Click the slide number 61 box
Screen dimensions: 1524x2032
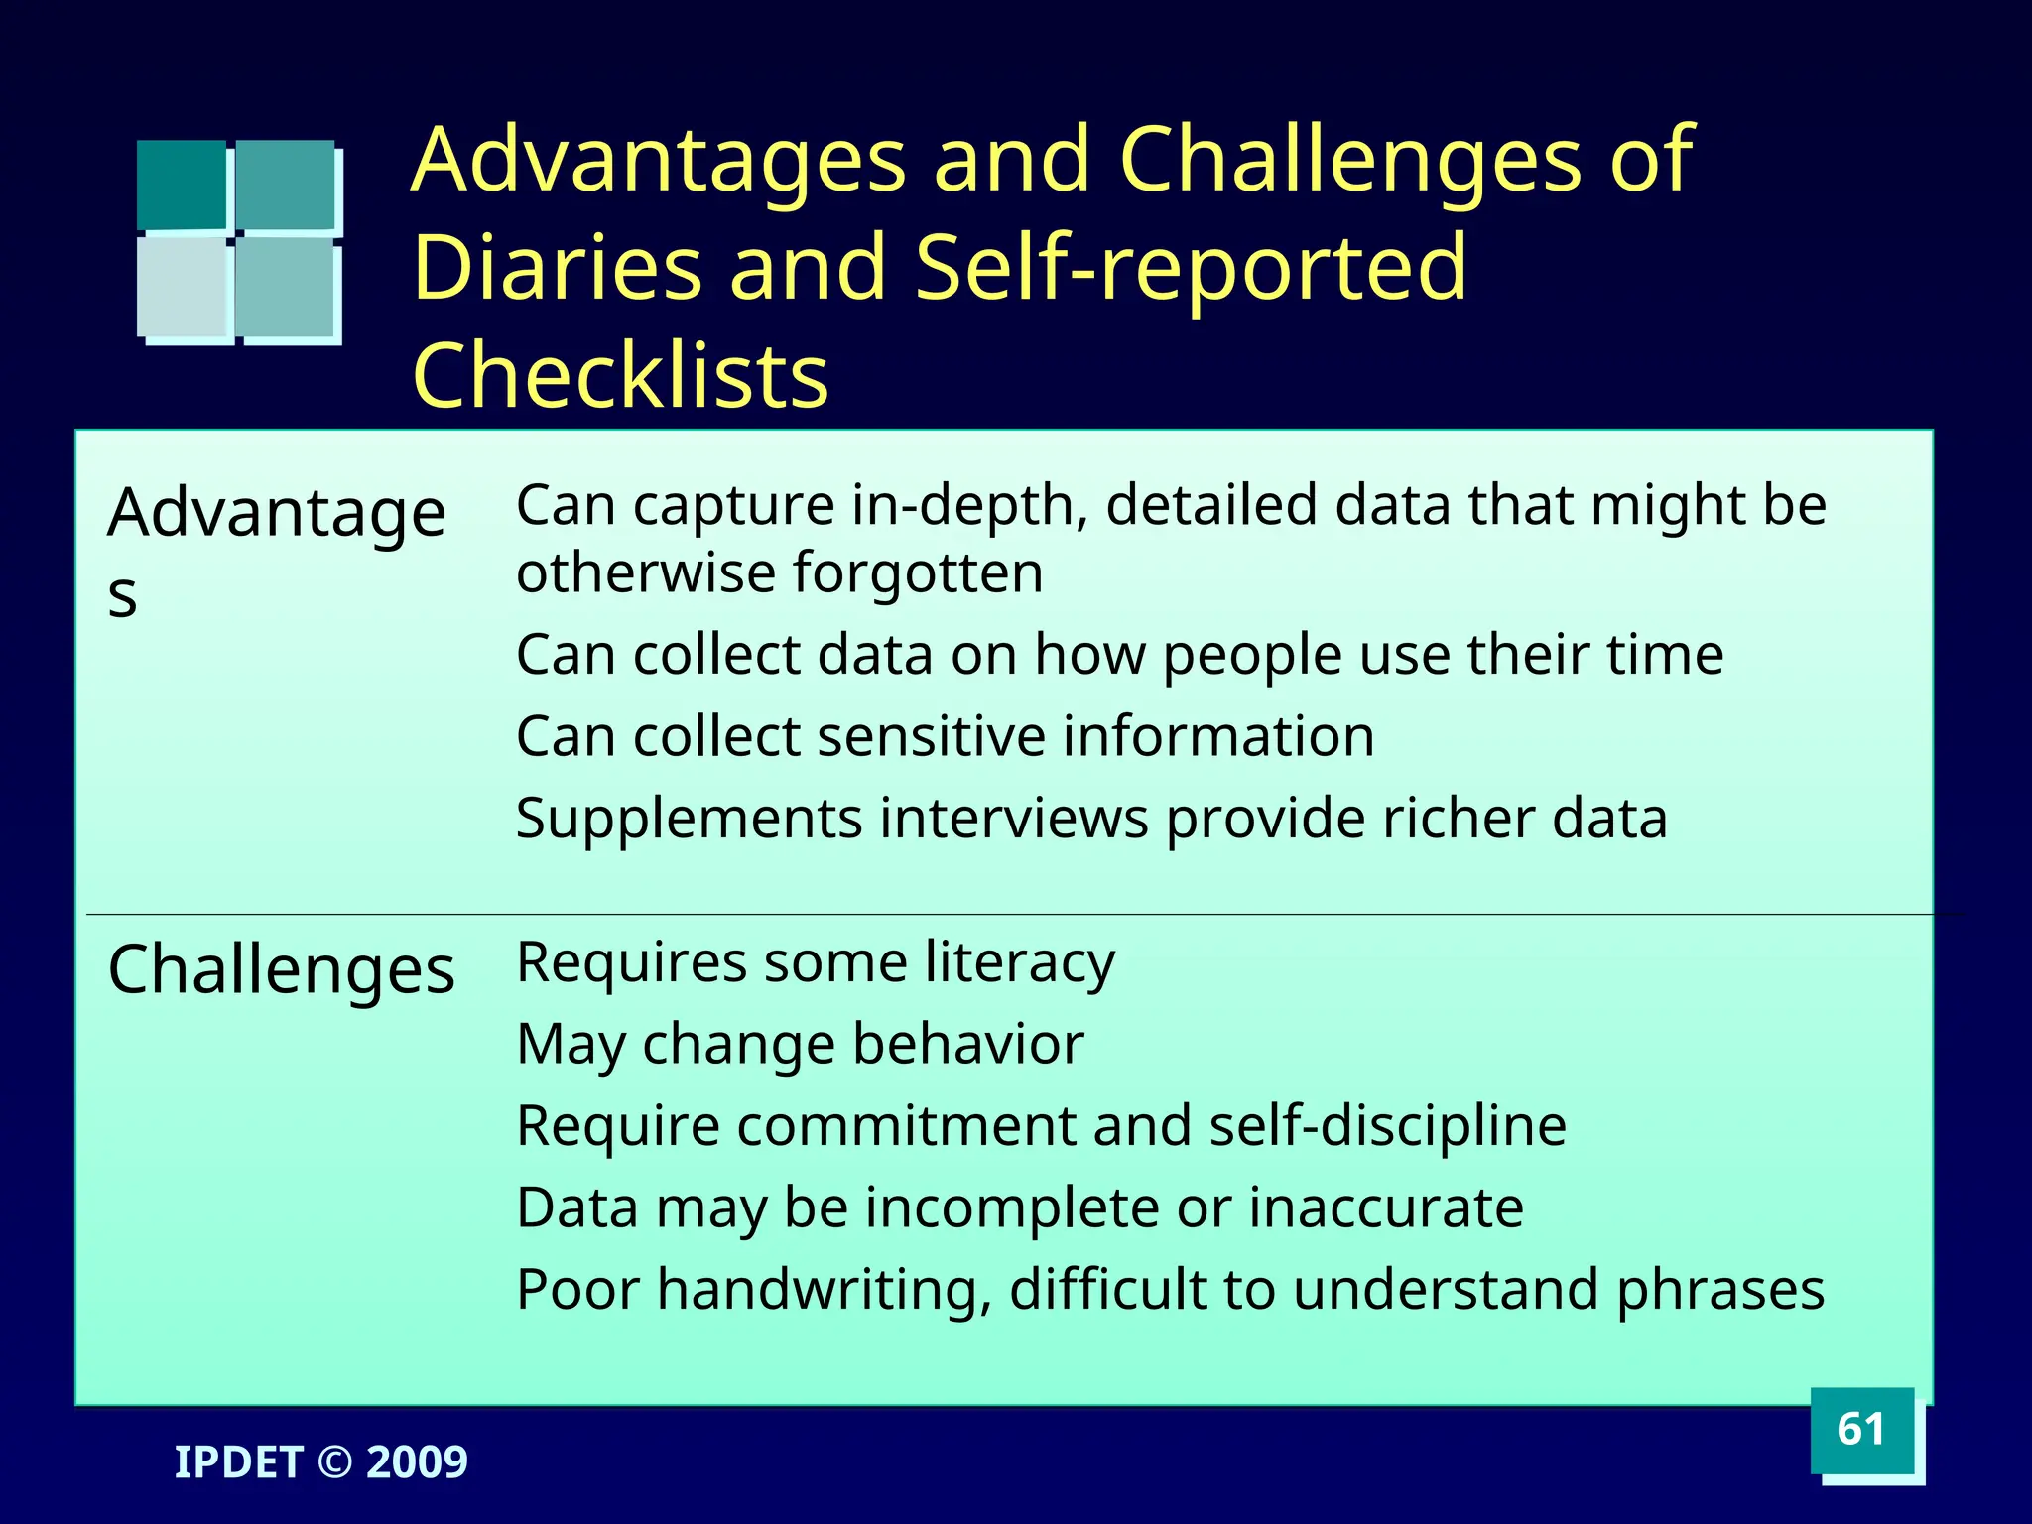click(x=1861, y=1430)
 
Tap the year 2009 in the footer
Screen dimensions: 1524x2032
click(x=417, y=1462)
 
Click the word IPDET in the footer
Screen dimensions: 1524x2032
click(x=238, y=1462)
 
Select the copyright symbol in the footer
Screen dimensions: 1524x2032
click(x=334, y=1462)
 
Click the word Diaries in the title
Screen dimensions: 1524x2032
click(x=557, y=267)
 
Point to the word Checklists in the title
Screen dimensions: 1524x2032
click(x=620, y=376)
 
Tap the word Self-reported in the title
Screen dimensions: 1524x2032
click(x=1191, y=267)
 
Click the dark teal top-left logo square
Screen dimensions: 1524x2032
click(x=182, y=185)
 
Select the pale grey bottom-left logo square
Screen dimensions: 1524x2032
click(x=183, y=288)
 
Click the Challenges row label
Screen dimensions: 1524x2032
click(x=281, y=969)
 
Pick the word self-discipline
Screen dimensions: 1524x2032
click(x=1387, y=1126)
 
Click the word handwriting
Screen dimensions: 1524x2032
click(x=824, y=1291)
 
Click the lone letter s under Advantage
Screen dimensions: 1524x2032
click(x=122, y=597)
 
